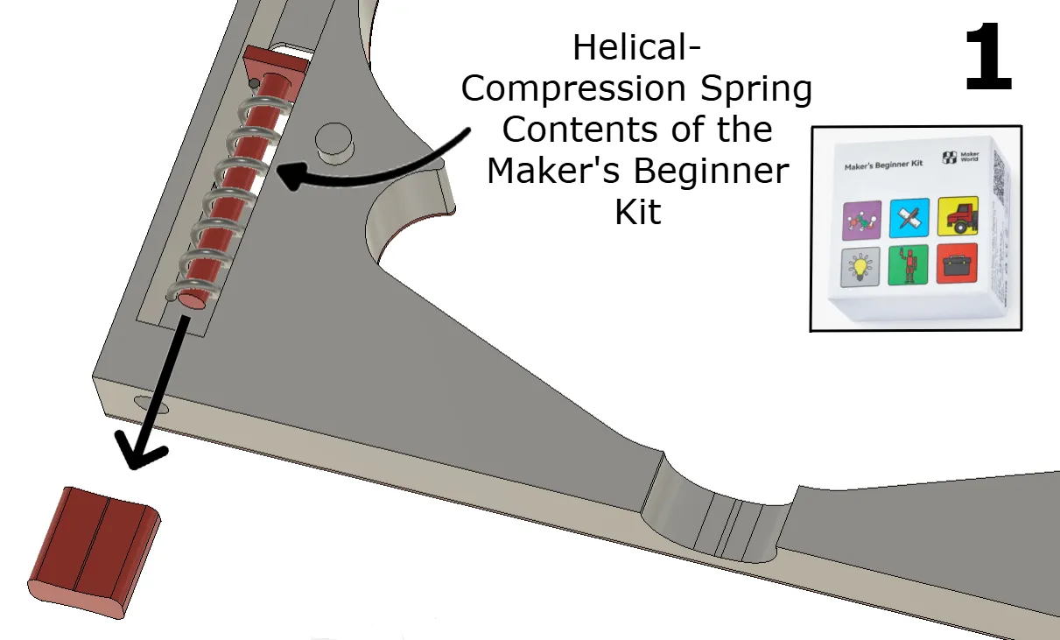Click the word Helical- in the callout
(x=636, y=48)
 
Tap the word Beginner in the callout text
(x=710, y=171)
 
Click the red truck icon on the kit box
(x=958, y=215)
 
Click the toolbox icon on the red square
(x=958, y=263)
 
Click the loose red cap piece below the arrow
(x=95, y=550)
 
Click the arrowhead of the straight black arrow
(x=143, y=452)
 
